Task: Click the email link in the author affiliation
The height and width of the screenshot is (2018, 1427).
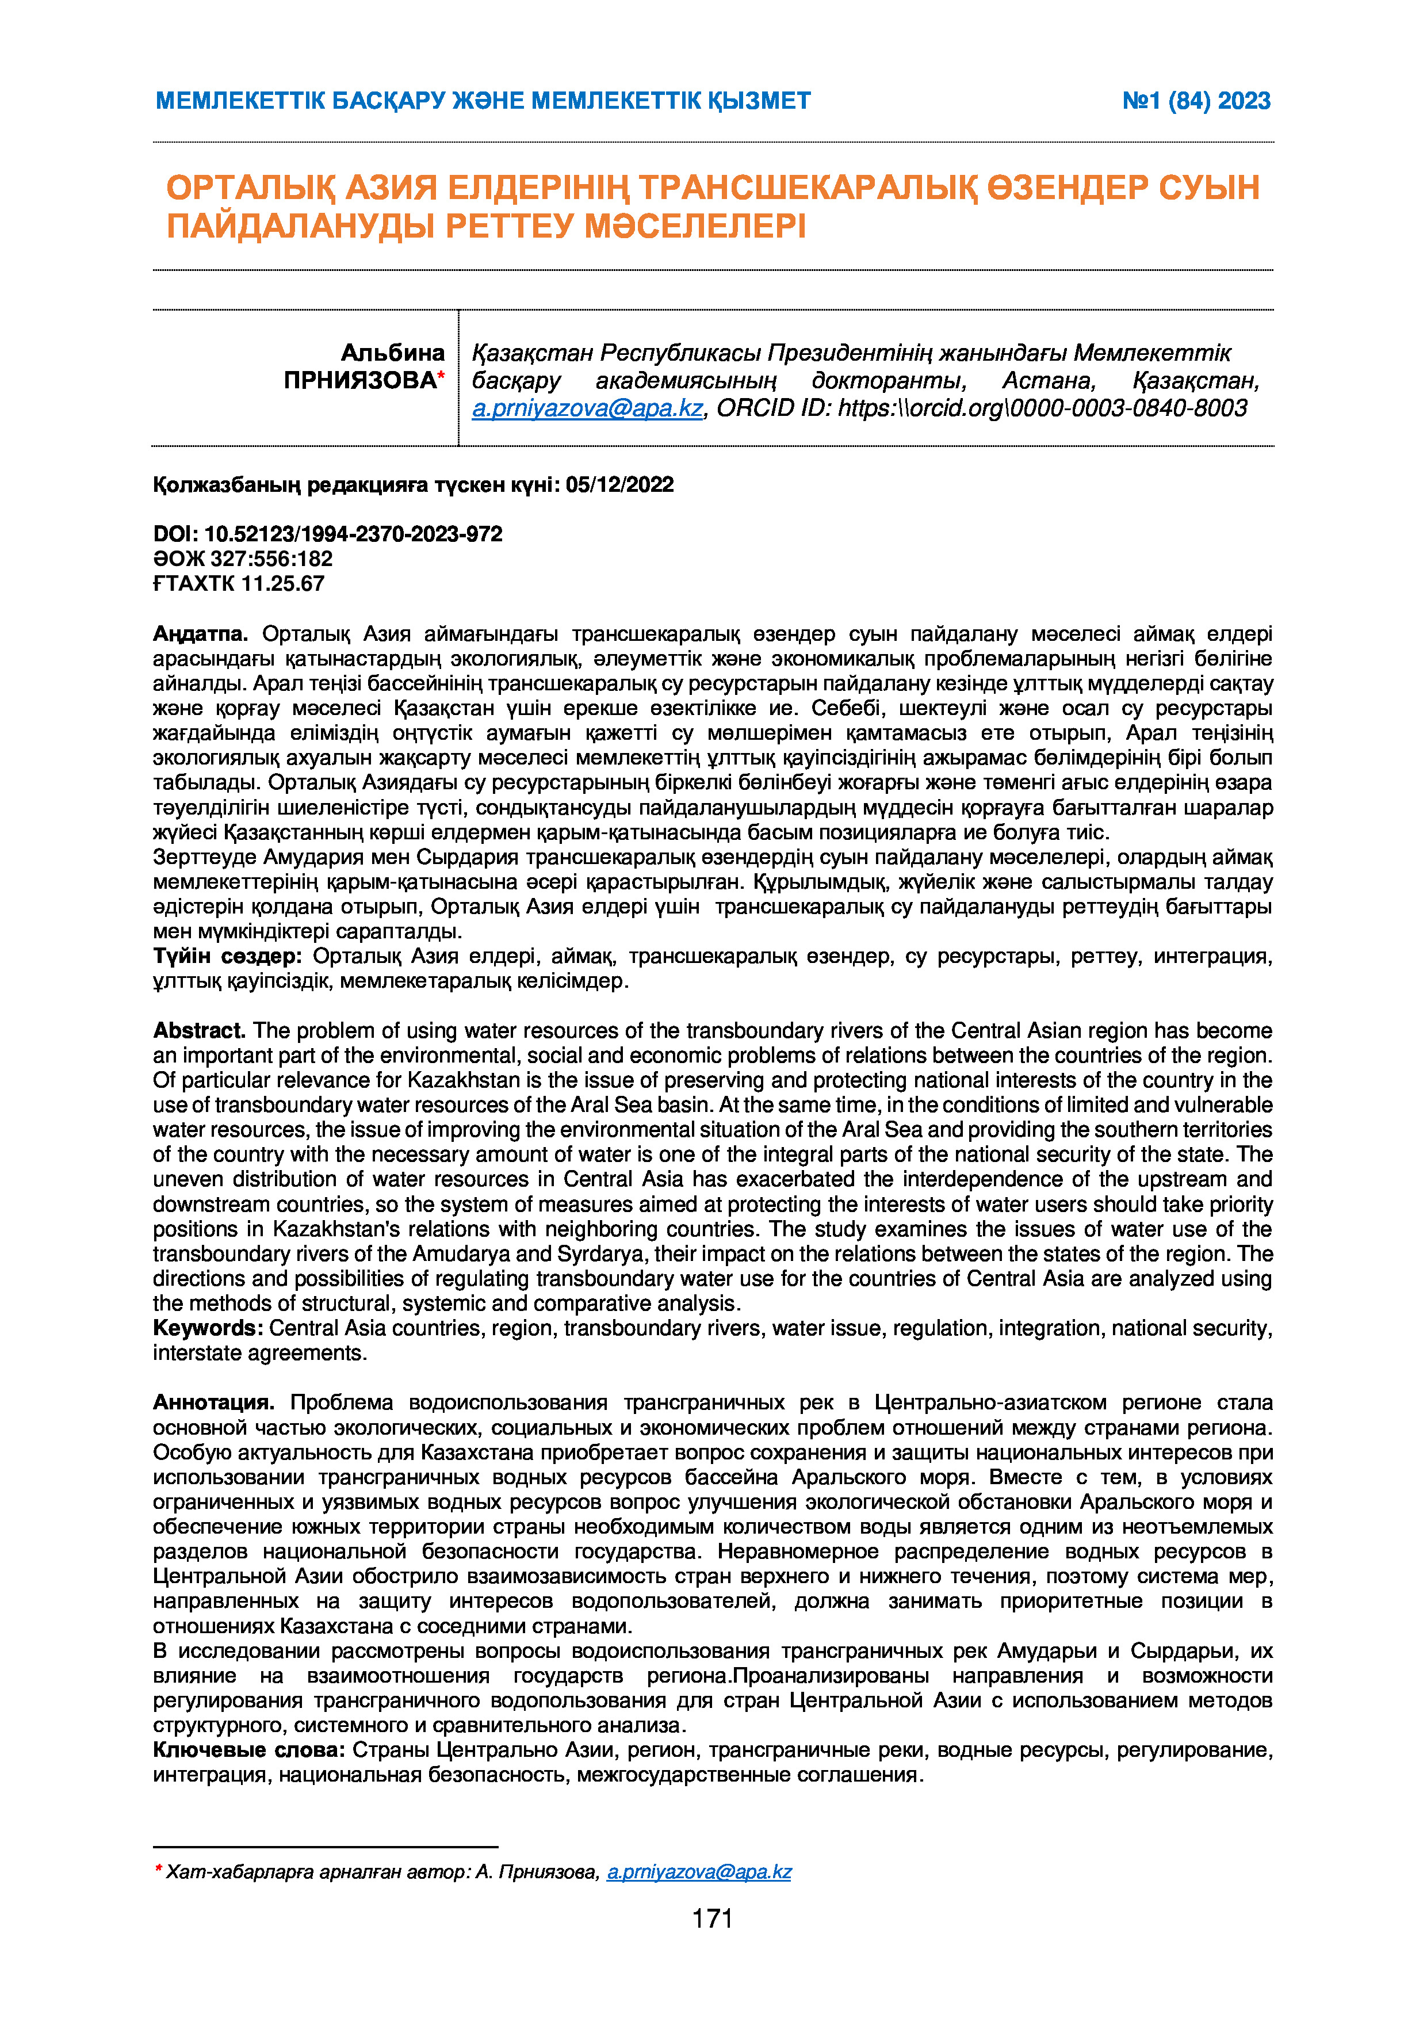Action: tap(587, 408)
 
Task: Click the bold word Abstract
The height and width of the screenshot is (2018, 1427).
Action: tap(198, 1030)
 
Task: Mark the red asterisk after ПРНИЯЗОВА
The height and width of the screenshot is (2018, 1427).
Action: tap(441, 376)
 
